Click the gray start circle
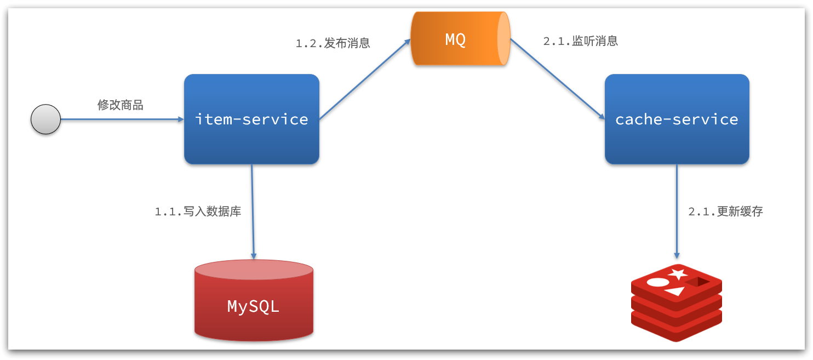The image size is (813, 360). [45, 119]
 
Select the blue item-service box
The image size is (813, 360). [251, 119]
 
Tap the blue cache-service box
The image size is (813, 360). [677, 119]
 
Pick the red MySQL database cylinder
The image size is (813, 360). [254, 306]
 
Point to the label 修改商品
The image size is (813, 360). [121, 105]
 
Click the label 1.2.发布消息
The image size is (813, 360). [333, 43]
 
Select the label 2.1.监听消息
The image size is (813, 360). [581, 41]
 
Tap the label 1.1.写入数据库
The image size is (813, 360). [198, 212]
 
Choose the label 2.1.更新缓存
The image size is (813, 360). [725, 212]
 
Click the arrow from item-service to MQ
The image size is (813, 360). [365, 79]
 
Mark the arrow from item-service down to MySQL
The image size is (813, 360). [253, 212]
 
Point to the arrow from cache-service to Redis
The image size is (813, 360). [677, 212]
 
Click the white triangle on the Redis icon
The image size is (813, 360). [675, 292]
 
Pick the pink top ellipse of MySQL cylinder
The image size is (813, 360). [254, 270]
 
